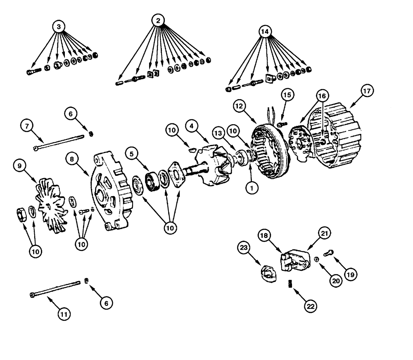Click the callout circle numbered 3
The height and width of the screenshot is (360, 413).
click(x=59, y=26)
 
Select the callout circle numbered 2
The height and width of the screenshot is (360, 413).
click(x=158, y=20)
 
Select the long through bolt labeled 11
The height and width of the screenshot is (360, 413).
click(x=56, y=289)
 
